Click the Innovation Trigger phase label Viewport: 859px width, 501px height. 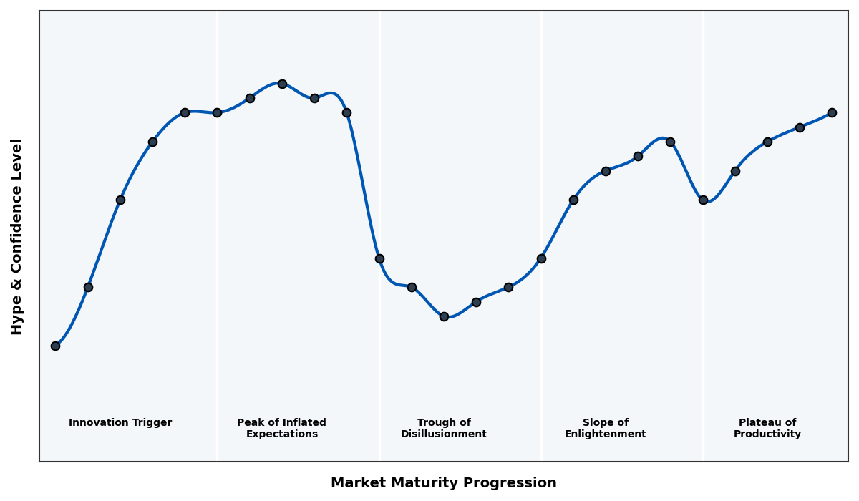point(120,423)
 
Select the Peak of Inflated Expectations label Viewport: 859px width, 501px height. point(281,428)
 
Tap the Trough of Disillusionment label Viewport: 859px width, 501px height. point(444,428)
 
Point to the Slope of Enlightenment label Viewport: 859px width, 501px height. point(606,428)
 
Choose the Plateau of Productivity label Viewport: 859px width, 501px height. point(767,428)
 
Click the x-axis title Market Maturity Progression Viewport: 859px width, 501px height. point(443,483)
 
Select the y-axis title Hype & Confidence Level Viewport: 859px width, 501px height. point(17,236)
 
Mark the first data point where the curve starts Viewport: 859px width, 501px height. point(55,346)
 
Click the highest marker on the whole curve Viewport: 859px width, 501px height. point(282,84)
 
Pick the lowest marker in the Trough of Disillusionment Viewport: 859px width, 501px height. point(444,316)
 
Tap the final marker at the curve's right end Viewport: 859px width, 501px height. point(832,112)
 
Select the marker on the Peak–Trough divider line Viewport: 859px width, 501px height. point(379,258)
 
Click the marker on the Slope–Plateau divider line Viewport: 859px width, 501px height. point(703,200)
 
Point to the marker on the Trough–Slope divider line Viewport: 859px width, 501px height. point(541,258)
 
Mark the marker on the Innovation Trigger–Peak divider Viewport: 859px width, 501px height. point(217,112)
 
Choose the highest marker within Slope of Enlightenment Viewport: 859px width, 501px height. point(670,142)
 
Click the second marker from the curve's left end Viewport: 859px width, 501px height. point(88,287)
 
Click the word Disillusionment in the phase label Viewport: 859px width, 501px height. point(444,434)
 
